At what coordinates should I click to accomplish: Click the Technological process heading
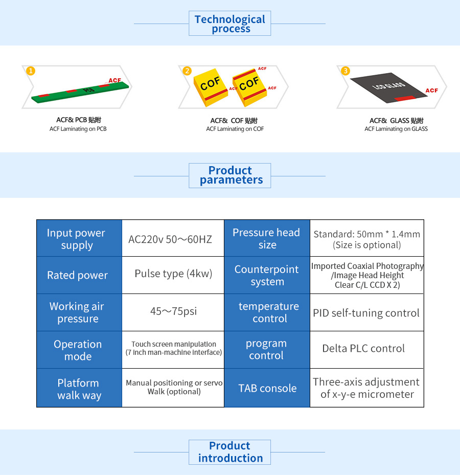[230, 24]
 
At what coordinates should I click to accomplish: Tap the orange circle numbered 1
[31, 71]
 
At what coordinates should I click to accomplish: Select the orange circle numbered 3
[345, 71]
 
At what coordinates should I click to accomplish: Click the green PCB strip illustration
[80, 93]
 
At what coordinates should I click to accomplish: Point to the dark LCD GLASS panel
[388, 86]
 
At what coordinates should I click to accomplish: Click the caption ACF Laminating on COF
[235, 129]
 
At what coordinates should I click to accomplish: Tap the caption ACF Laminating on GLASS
[396, 129]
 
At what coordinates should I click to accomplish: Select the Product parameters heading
[230, 175]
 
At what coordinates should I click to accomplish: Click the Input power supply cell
[79, 238]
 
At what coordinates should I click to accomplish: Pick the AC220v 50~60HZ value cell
[173, 238]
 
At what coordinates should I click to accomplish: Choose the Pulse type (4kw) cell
[173, 275]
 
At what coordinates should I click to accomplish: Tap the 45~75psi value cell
[173, 312]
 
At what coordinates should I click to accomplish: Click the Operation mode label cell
[79, 350]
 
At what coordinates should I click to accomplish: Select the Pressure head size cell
[267, 238]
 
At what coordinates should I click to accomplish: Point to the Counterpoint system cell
[267, 275]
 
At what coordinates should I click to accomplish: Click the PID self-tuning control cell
[367, 312]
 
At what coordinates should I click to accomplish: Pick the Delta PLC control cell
[367, 350]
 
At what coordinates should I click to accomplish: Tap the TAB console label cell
[267, 388]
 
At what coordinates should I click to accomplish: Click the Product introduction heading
[230, 452]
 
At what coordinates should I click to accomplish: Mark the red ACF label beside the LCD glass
[431, 91]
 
